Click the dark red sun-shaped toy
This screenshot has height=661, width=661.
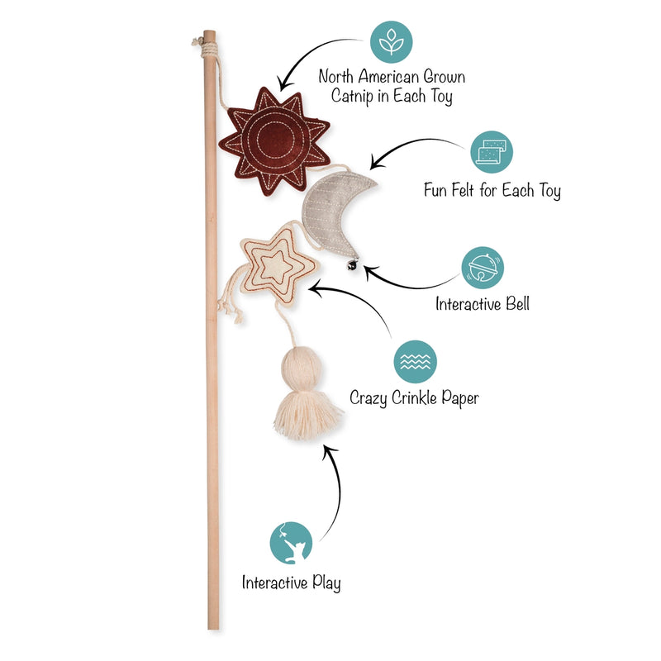(274, 141)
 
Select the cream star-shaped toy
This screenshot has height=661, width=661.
(278, 265)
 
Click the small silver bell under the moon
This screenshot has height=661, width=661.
(353, 264)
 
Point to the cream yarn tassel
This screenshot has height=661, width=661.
(307, 393)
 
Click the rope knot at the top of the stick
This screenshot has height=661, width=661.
(207, 49)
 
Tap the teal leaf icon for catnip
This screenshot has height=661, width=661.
(391, 42)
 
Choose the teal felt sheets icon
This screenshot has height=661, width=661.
(491, 152)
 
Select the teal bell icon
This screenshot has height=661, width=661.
(483, 268)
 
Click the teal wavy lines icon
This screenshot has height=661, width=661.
(416, 362)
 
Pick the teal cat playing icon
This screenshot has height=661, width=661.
(291, 543)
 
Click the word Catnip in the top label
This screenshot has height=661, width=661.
(353, 96)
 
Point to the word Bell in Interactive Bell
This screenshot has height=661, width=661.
(517, 303)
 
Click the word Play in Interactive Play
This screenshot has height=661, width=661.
(326, 583)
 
